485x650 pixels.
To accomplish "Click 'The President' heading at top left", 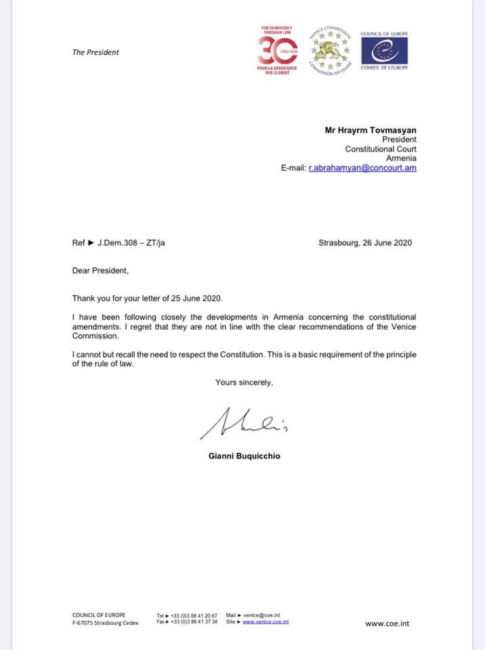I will point(96,52).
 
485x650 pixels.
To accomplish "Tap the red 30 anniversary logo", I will point(275,51).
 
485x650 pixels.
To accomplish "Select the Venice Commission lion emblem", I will point(331,50).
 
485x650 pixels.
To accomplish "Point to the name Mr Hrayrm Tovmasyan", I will point(371,129).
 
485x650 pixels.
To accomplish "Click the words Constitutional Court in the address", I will point(381,149).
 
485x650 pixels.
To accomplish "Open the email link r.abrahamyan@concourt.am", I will point(362,168).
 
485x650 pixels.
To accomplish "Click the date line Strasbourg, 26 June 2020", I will point(364,243).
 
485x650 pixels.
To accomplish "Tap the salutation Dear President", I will point(100,271).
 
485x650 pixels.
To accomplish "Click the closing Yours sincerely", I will point(244,383).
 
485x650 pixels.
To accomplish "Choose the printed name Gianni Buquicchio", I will point(244,456).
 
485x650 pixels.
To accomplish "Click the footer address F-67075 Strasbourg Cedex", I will point(105,622).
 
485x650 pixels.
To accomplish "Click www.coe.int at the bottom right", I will point(387,624).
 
